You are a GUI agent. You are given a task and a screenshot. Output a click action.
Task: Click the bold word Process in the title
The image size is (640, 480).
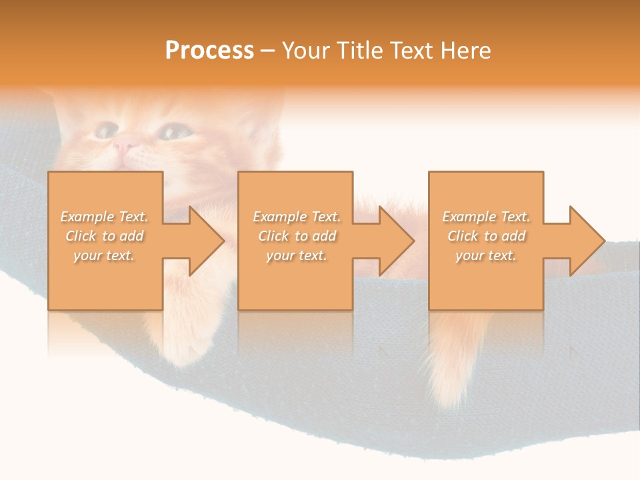pyautogui.click(x=209, y=51)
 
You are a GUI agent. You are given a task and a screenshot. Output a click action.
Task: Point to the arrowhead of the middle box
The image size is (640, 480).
pyautogui.click(x=396, y=241)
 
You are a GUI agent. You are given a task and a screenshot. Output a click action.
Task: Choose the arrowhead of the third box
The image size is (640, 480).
pyautogui.click(x=586, y=241)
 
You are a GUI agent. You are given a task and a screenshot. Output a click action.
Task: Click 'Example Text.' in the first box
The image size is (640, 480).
pyautogui.click(x=105, y=217)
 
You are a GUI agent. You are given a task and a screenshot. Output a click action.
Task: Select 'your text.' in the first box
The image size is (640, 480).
pyautogui.click(x=105, y=255)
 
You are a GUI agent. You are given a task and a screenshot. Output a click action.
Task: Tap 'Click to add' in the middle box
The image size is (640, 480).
pyautogui.click(x=297, y=236)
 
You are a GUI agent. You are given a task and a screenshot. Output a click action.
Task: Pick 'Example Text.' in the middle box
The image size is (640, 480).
pyautogui.click(x=297, y=217)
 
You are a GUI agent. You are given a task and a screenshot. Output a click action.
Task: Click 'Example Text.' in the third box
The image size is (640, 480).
pyautogui.click(x=486, y=217)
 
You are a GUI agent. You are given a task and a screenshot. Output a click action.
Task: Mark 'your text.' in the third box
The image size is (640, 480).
pyautogui.click(x=486, y=255)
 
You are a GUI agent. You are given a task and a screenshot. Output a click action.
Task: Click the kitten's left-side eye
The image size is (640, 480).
pyautogui.click(x=105, y=130)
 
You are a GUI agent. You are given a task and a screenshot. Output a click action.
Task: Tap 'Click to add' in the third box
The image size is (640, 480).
pyautogui.click(x=486, y=236)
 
